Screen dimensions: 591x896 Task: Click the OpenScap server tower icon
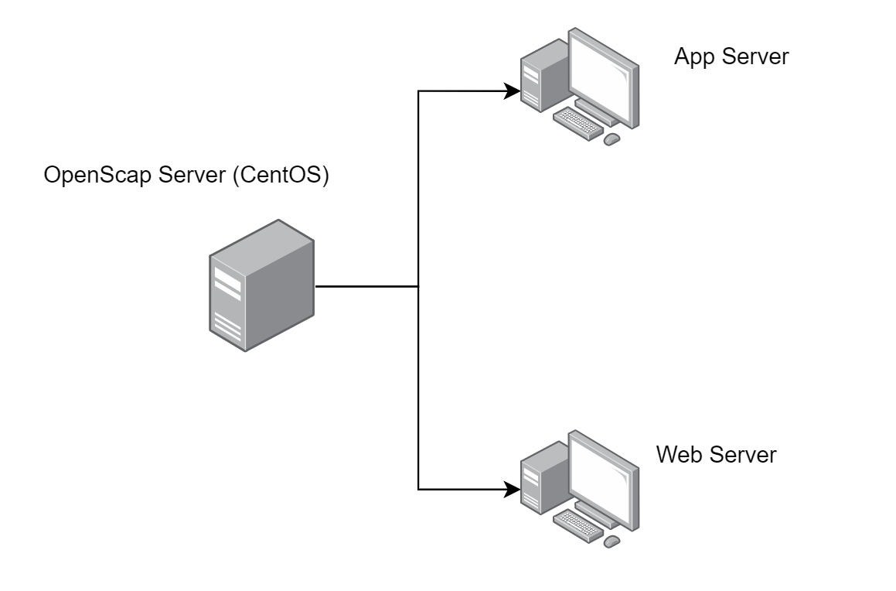(x=262, y=286)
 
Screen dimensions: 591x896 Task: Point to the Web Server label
(x=715, y=454)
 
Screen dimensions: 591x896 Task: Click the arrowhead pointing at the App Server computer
(x=513, y=91)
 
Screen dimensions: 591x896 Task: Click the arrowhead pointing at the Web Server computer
(x=513, y=490)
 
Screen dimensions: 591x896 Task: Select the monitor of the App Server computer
(x=604, y=74)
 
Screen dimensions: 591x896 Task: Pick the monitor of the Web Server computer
(x=604, y=473)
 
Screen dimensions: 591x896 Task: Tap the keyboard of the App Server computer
(x=577, y=123)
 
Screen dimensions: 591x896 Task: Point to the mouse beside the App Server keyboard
(x=612, y=139)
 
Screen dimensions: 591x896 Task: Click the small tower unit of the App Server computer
(x=533, y=80)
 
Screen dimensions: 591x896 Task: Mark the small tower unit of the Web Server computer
(x=533, y=480)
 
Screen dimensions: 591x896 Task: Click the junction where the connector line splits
(x=418, y=287)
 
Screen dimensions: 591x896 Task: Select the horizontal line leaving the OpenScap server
(x=367, y=287)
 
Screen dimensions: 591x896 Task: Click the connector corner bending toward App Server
(x=418, y=91)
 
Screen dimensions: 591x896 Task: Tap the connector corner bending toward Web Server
(x=418, y=490)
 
